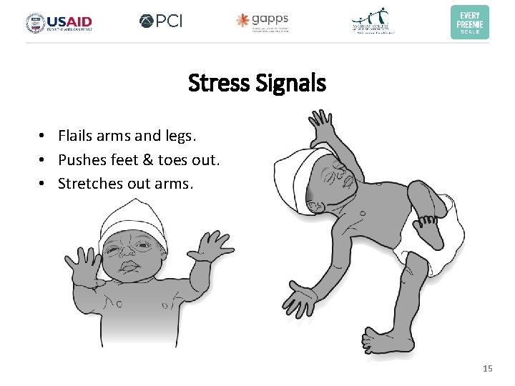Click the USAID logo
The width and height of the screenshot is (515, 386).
[59, 22]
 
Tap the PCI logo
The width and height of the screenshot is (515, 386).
[161, 21]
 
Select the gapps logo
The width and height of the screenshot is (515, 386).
[263, 21]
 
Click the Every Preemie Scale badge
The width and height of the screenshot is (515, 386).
[470, 22]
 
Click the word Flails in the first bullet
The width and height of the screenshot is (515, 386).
[74, 136]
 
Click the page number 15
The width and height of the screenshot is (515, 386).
[488, 369]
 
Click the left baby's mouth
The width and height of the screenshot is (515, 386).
[131, 268]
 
